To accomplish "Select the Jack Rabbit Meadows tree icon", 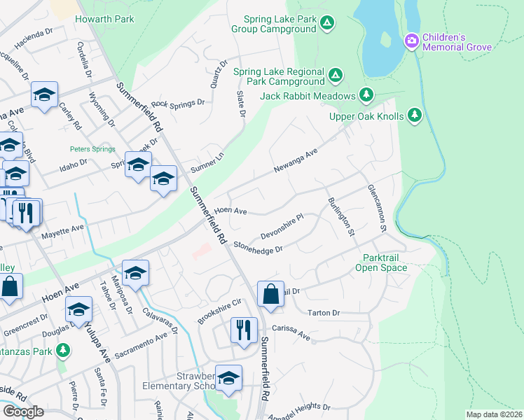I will (365, 94).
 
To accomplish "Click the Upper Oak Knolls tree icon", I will (415, 114).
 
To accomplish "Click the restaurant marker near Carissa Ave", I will (243, 330).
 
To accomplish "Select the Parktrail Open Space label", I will (380, 262).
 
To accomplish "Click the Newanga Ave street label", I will (296, 160).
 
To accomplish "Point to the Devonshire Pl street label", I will (281, 226).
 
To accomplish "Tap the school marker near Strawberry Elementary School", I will (228, 378).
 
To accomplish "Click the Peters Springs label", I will (90, 149).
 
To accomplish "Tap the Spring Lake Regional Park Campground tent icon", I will (336, 74).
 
